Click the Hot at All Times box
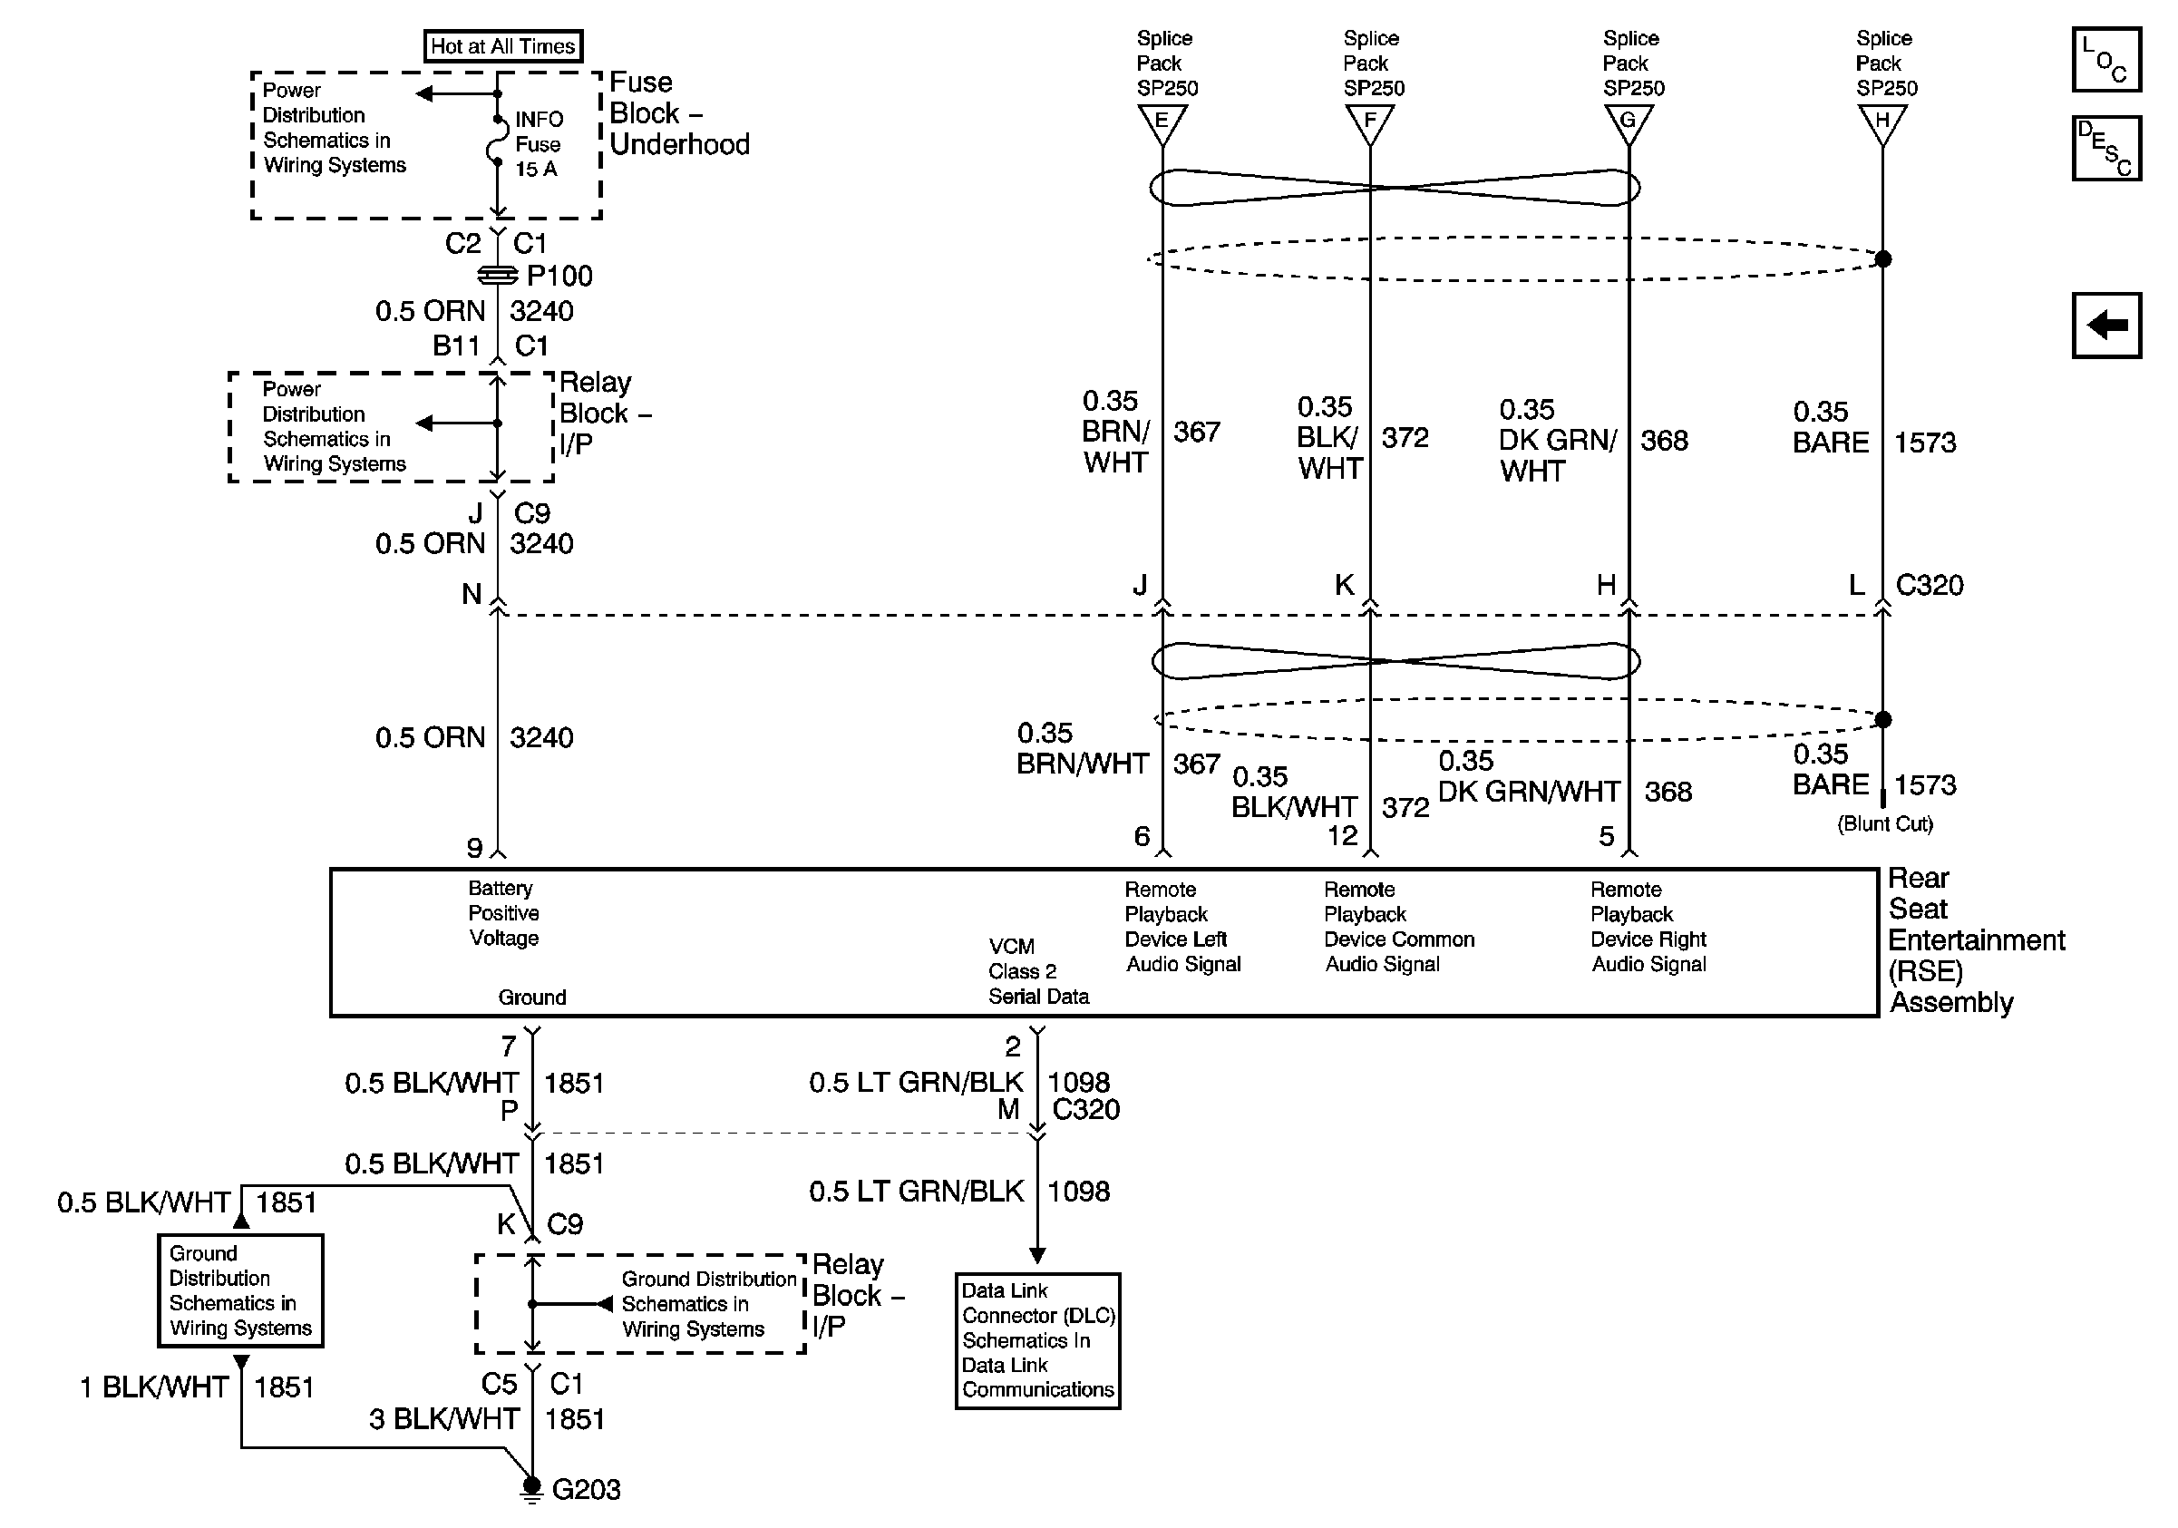coord(501,45)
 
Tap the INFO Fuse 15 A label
coord(538,144)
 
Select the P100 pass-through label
coord(559,276)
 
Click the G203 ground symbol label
coord(585,1490)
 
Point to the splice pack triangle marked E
coord(1162,122)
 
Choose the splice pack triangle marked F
coord(1369,122)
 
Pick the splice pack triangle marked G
coord(1629,122)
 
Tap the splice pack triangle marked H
coord(1882,122)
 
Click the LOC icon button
coord(2105,60)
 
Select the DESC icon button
coord(2105,148)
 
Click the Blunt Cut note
coord(1885,823)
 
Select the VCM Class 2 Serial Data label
coord(1038,971)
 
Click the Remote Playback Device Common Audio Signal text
coord(1398,927)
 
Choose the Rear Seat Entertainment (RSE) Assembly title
coord(1975,940)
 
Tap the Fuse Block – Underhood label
coord(678,112)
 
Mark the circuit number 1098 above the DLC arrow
coord(1077,1192)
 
